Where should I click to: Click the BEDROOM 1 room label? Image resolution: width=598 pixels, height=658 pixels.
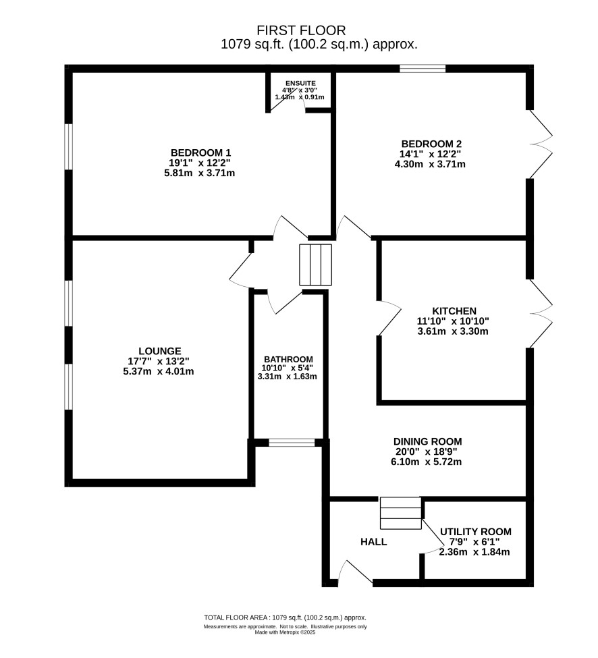[x=200, y=153]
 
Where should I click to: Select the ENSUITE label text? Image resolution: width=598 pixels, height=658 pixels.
[x=300, y=84]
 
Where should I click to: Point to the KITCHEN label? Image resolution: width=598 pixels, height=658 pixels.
[x=454, y=311]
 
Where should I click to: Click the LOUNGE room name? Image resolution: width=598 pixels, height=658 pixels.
[x=160, y=351]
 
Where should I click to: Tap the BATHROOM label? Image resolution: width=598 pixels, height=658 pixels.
[x=288, y=359]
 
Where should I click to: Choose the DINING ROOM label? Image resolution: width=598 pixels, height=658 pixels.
[x=428, y=441]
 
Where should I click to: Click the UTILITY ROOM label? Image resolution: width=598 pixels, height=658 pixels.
[x=475, y=532]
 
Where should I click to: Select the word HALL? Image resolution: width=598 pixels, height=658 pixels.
[x=373, y=542]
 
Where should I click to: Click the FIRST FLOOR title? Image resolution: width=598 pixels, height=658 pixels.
[x=301, y=30]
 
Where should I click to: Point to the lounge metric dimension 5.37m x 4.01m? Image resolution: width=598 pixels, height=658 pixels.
[x=161, y=371]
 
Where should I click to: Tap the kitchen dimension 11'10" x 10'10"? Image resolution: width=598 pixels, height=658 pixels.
[x=453, y=321]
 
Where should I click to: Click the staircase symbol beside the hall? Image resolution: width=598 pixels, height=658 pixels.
[x=401, y=513]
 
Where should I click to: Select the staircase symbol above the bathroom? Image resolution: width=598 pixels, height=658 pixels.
[x=316, y=265]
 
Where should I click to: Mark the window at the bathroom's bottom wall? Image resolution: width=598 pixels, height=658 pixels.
[x=292, y=442]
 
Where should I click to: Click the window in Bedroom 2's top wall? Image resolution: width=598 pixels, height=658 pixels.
[x=423, y=68]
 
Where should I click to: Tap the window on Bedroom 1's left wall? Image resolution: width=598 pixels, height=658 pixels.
[x=69, y=146]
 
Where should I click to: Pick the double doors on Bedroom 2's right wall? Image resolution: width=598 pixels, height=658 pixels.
[x=541, y=144]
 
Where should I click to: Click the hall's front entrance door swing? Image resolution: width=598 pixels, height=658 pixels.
[x=355, y=572]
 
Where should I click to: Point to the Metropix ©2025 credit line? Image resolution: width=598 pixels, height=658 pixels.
[x=286, y=632]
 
